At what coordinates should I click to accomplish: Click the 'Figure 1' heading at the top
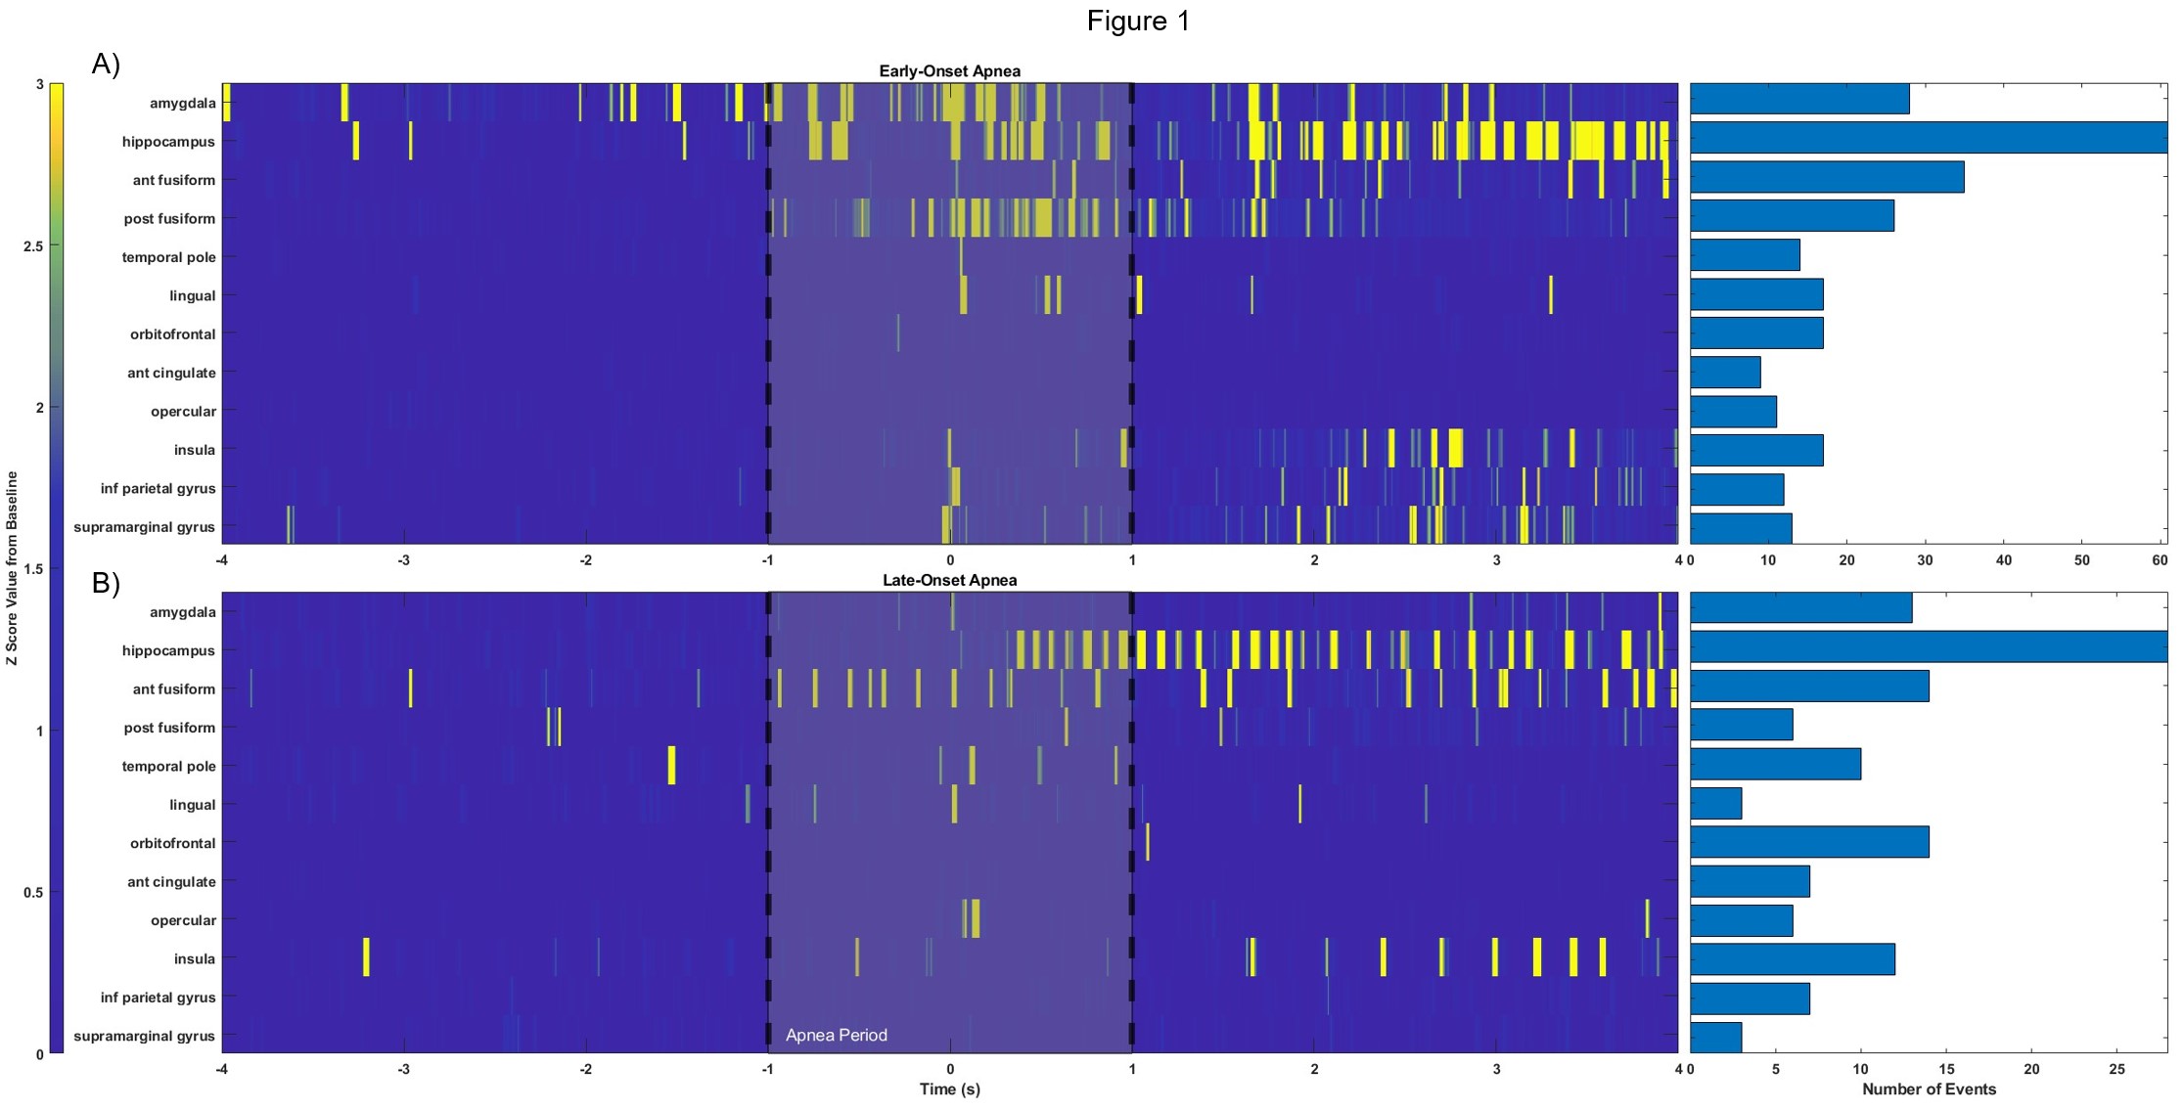tap(1138, 22)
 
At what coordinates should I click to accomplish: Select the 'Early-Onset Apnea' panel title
tap(949, 71)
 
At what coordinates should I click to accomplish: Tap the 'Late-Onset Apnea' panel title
tap(949, 580)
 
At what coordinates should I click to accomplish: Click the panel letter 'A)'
tap(106, 65)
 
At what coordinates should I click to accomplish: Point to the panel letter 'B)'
tap(106, 583)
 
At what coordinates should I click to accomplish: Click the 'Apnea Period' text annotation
tap(836, 1035)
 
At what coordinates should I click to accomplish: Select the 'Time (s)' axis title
tap(949, 1088)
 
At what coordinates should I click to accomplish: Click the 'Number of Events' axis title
tap(1929, 1088)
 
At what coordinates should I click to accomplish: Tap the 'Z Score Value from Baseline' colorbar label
tap(12, 567)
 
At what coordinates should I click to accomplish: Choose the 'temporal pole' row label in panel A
tap(168, 257)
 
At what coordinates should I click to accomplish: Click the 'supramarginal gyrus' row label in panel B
tap(144, 1036)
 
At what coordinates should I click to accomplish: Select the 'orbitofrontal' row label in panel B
tap(172, 843)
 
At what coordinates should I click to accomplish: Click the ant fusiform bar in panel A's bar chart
tap(1826, 177)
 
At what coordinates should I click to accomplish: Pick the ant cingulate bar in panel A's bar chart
tap(1725, 373)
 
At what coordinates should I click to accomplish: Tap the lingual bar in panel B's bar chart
tap(1715, 804)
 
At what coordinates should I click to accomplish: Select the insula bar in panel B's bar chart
tap(1792, 959)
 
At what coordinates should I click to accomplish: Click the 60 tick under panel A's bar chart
tap(2160, 560)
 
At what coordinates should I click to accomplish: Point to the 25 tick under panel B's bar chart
tap(2116, 1069)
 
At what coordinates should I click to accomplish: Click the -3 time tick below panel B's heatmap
tap(403, 1069)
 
